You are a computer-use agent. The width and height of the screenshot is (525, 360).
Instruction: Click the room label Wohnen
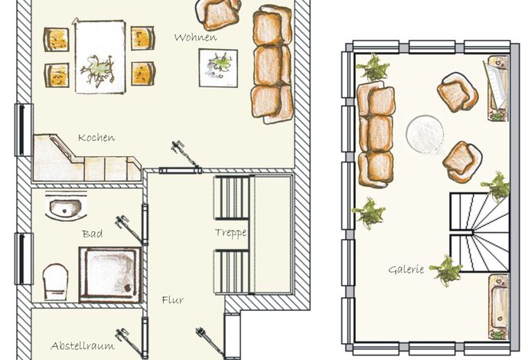point(196,38)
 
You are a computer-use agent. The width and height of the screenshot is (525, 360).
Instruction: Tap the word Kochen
point(96,137)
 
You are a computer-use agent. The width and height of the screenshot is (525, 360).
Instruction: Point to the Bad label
point(93,234)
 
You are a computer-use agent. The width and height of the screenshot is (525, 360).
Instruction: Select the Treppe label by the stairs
point(230,233)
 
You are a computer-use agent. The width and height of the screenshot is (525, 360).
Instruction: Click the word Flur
point(172,299)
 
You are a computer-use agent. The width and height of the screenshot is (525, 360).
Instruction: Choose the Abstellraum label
point(83,345)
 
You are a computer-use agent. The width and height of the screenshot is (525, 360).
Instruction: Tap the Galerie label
point(406,269)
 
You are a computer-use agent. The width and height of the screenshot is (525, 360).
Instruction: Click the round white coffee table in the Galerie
point(426,134)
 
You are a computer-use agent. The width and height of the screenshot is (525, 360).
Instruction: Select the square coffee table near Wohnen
point(218,68)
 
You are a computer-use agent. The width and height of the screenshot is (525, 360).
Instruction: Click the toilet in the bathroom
point(55,282)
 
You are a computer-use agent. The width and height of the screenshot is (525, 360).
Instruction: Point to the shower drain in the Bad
point(128,287)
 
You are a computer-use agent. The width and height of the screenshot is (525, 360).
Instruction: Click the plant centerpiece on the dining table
point(97,69)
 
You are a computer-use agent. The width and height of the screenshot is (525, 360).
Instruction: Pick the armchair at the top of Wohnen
point(218,14)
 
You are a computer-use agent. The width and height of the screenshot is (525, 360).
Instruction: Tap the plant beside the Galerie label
point(446,270)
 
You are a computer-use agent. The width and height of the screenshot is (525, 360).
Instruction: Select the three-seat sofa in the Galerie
point(376,134)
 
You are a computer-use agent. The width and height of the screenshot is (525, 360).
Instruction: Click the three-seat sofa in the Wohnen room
point(272,64)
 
